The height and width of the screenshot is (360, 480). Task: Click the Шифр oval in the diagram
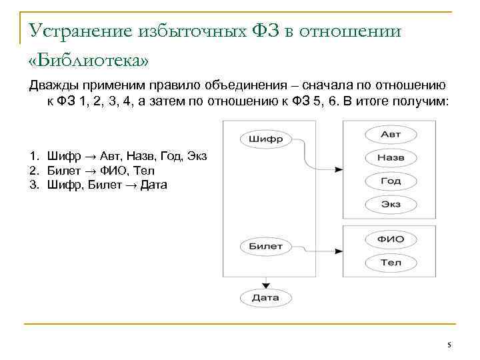(x=265, y=139)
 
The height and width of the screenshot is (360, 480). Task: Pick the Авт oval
(x=391, y=134)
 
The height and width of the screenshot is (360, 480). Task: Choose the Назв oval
(x=391, y=157)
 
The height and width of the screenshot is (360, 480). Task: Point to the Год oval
(x=391, y=181)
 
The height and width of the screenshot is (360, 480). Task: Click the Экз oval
(x=391, y=203)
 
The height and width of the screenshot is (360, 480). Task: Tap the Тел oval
(x=391, y=262)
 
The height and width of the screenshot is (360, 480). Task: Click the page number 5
(x=449, y=345)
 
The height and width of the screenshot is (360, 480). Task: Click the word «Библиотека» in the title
(x=89, y=60)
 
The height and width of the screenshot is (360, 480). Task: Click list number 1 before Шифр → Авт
(x=33, y=156)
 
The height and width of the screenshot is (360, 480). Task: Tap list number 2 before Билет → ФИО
(x=33, y=170)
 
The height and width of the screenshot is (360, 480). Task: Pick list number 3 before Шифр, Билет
(x=33, y=184)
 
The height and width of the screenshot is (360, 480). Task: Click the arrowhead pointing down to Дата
(x=265, y=285)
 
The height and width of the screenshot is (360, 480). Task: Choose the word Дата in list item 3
(x=153, y=184)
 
